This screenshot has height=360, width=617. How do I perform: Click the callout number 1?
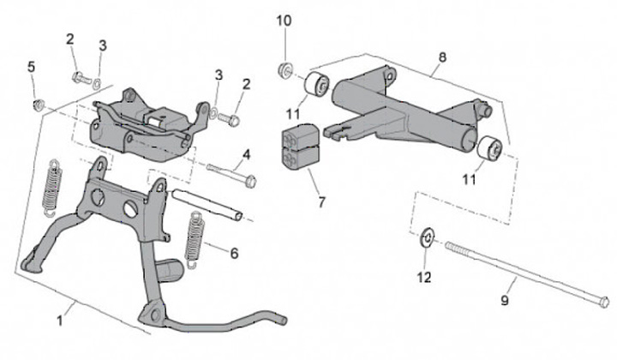pyautogui.click(x=60, y=321)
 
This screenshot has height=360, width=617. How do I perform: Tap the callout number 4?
pyautogui.click(x=246, y=154)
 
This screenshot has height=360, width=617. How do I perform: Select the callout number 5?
pyautogui.click(x=32, y=67)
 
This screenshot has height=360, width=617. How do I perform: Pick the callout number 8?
pyautogui.click(x=442, y=58)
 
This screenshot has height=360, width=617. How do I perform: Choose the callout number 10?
pyautogui.click(x=285, y=19)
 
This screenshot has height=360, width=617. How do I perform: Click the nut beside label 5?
pyautogui.click(x=38, y=106)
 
